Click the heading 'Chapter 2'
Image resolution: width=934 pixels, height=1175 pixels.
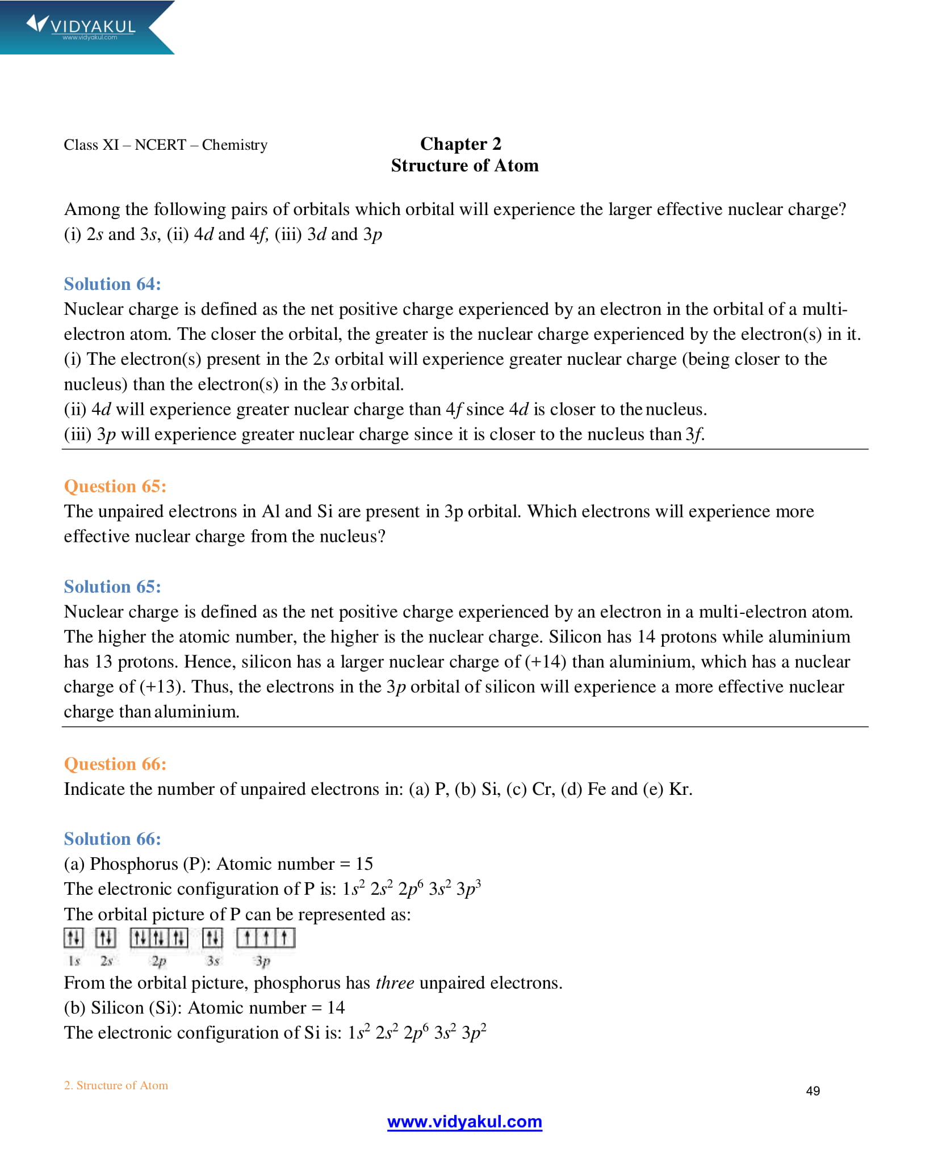(x=460, y=144)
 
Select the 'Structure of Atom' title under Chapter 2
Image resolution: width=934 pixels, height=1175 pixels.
(x=464, y=166)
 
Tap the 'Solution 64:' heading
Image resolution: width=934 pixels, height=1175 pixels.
(x=112, y=284)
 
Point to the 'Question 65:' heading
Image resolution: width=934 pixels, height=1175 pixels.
(x=115, y=486)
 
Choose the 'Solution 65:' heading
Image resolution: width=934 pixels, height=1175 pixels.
(x=112, y=587)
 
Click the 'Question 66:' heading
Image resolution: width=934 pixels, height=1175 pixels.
(x=115, y=764)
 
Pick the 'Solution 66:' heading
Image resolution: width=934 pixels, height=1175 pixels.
(x=112, y=839)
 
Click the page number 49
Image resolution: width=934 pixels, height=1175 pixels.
(x=812, y=1091)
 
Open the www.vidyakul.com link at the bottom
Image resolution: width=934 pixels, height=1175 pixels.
(x=464, y=1122)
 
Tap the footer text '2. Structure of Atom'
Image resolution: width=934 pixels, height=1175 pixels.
(x=116, y=1085)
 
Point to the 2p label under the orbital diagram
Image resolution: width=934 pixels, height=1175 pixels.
(x=159, y=961)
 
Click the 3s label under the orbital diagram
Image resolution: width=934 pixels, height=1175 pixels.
(x=213, y=961)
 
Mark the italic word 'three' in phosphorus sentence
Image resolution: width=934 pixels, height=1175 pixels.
(x=395, y=983)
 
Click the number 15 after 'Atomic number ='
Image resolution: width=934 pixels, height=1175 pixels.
(x=364, y=864)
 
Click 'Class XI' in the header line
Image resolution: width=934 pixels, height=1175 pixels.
(x=91, y=145)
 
